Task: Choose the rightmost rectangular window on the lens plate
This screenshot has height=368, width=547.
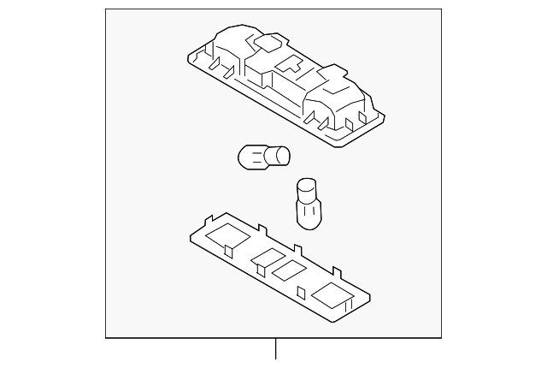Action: coord(332,297)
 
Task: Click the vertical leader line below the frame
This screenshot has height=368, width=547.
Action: coord(275,352)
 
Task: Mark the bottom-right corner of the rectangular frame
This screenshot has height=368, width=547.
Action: coord(445,337)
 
